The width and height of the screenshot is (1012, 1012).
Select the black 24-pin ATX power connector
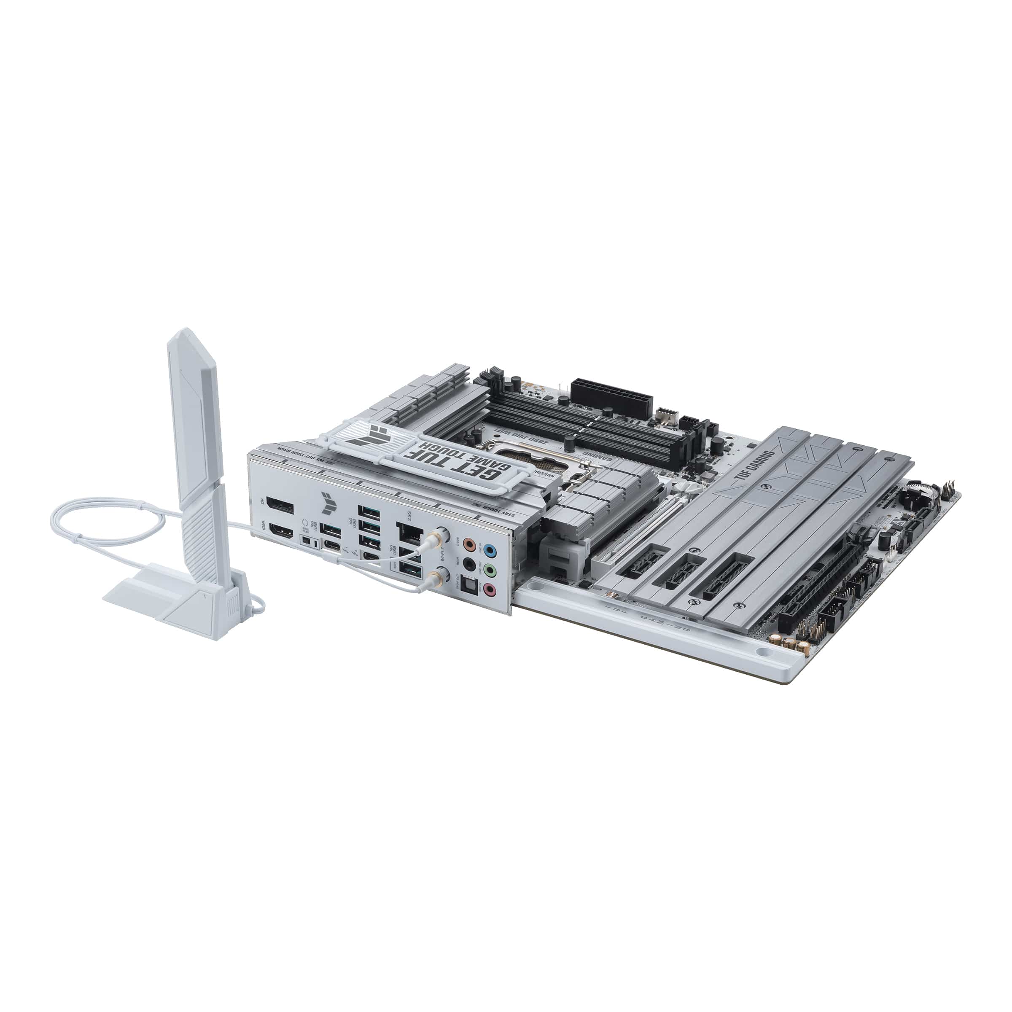coord(611,398)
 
